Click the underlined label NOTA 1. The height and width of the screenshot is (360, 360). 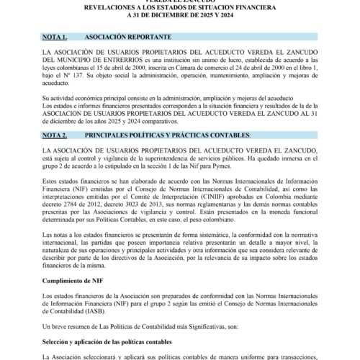55,35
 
